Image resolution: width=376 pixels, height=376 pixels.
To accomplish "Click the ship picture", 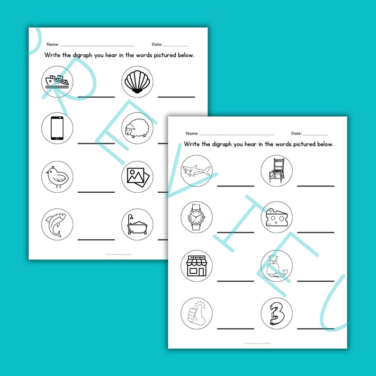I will coord(57,81).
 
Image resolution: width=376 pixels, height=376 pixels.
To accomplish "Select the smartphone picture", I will coord(57,128).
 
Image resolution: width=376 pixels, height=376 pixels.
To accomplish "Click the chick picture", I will coord(57,176).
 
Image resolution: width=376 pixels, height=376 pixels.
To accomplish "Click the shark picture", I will coord(197,170).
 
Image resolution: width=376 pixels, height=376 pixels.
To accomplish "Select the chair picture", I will coord(277,170).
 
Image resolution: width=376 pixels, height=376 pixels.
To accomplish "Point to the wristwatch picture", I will coord(197,217).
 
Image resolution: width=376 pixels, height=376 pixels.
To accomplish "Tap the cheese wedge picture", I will coord(277,217).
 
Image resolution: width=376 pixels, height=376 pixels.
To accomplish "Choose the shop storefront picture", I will coord(197,266).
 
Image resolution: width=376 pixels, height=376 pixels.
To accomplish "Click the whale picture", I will coord(277,266).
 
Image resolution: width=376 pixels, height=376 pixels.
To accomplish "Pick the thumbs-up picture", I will coord(197,313).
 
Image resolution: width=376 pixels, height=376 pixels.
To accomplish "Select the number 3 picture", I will coord(277,313).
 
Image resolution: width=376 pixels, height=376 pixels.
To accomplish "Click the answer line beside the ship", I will coord(96,97).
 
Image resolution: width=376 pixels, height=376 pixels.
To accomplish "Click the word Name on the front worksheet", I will coord(192,134).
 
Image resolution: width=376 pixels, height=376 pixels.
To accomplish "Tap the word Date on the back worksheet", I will coord(157,45).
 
